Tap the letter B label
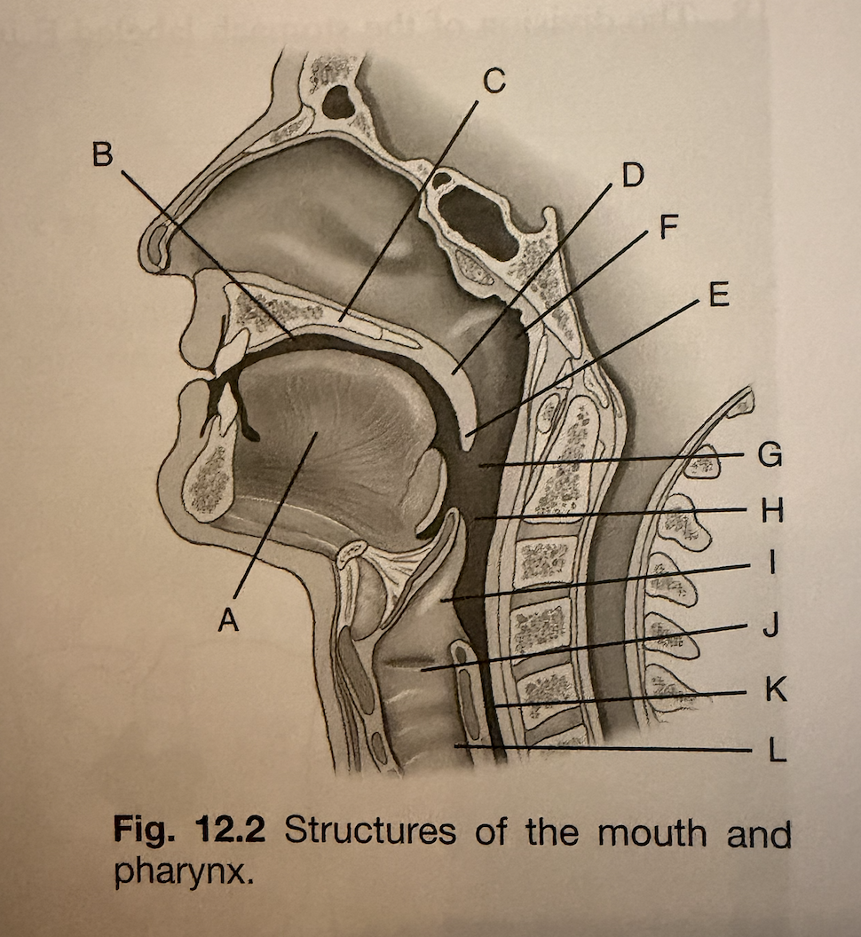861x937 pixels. click(102, 154)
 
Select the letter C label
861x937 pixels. click(494, 81)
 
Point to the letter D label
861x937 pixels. click(633, 174)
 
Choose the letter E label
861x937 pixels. click(719, 294)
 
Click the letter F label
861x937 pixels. click(668, 226)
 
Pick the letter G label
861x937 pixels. click(770, 455)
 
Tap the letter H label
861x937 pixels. click(772, 511)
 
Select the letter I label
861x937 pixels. click(772, 563)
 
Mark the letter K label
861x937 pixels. click(776, 689)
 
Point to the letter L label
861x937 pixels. click(777, 750)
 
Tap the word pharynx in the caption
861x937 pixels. click(180, 875)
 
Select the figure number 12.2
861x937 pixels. click(229, 831)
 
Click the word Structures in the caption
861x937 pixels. click(371, 831)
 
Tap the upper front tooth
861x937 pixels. click(233, 352)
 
